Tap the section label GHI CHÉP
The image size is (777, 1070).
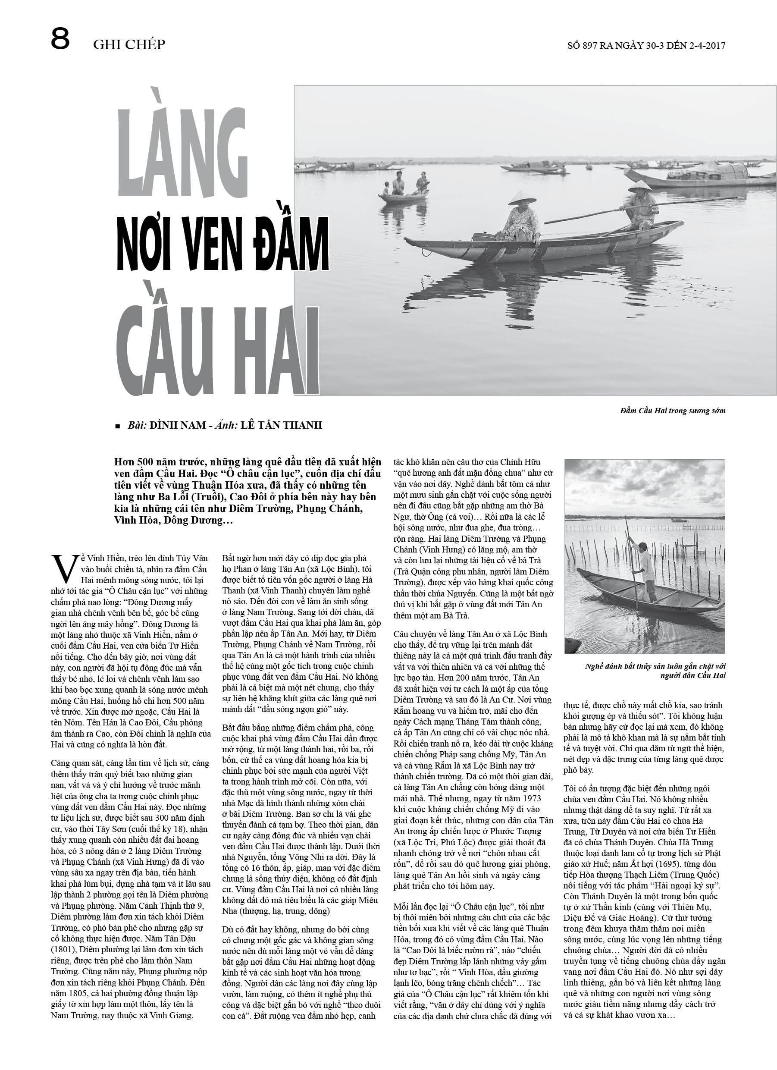[129, 44]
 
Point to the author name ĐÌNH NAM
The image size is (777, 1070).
[176, 425]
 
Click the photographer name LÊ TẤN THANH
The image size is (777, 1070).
[281, 425]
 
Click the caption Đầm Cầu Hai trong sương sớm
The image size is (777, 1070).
[672, 411]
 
